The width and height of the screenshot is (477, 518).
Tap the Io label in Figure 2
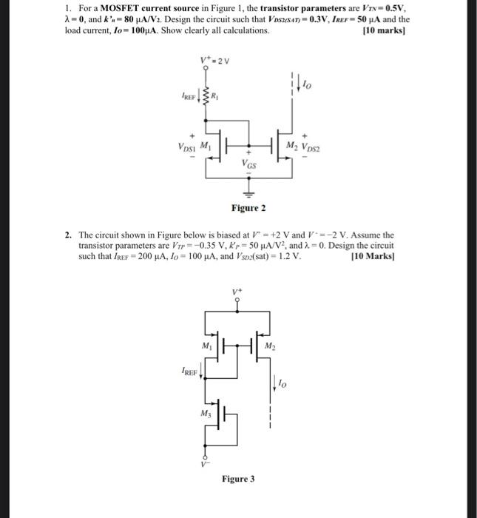click(307, 84)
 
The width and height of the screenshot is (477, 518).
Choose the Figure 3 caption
click(238, 479)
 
